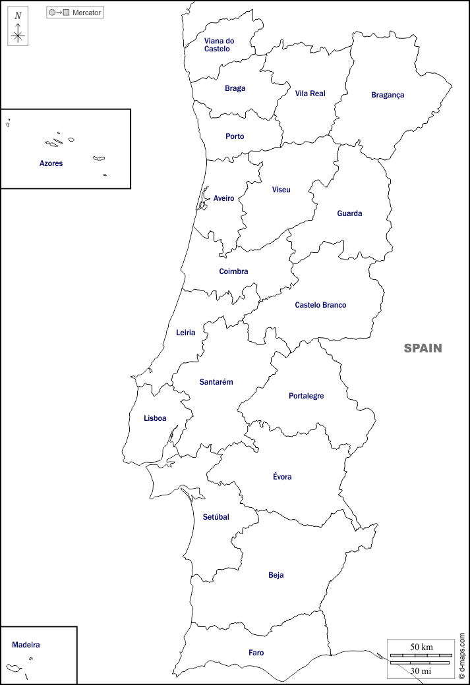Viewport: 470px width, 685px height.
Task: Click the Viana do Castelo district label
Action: tap(219, 45)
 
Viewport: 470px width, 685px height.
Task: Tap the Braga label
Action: tap(235, 88)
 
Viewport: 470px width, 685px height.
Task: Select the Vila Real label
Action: tap(310, 94)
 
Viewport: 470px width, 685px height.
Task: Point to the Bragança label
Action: tap(388, 95)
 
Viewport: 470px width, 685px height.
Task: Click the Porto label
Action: tap(235, 136)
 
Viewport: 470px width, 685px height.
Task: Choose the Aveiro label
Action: tap(223, 198)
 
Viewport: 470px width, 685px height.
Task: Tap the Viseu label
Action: tap(281, 190)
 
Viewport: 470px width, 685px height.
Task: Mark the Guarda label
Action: tap(349, 213)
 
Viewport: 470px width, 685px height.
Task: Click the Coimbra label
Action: tap(233, 271)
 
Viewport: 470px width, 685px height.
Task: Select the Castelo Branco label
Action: tap(320, 305)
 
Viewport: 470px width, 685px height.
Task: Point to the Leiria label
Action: tap(185, 333)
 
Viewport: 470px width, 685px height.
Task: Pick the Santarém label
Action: tap(216, 382)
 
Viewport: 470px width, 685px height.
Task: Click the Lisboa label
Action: tap(155, 418)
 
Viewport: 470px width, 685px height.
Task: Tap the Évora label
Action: tap(282, 477)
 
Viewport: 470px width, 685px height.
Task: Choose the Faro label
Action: tap(256, 653)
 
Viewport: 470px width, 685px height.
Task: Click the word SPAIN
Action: tap(423, 348)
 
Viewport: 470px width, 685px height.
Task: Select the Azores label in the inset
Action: tap(51, 163)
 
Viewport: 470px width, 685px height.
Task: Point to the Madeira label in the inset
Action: tap(26, 645)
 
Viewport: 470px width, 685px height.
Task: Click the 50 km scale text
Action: tap(421, 647)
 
